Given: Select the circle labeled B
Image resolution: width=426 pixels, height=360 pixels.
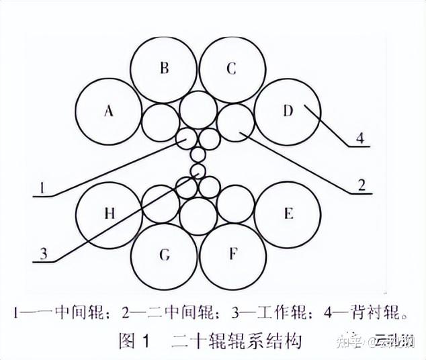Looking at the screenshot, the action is tap(163, 68).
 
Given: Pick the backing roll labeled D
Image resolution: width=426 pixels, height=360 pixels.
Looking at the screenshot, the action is tap(288, 111).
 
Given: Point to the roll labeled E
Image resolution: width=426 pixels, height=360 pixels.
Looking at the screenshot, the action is tap(288, 214).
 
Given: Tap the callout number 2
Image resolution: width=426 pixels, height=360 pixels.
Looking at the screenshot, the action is tap(361, 185).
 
